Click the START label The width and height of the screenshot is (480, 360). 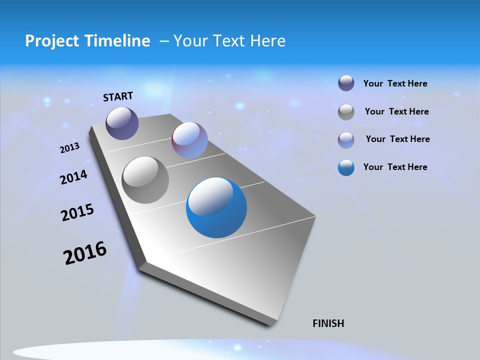(118, 96)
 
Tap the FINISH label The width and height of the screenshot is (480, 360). (328, 323)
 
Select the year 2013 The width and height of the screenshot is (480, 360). (69, 148)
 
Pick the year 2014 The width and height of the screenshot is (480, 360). (73, 177)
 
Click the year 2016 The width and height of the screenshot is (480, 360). (85, 253)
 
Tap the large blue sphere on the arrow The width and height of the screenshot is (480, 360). (216, 208)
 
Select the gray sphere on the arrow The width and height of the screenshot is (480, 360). (145, 180)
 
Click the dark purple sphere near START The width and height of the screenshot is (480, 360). (122, 123)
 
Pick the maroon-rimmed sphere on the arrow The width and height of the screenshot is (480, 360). (189, 139)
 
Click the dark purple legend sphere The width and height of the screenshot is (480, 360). (346, 83)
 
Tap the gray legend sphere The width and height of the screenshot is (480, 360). (346, 112)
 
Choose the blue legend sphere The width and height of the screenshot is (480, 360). (346, 167)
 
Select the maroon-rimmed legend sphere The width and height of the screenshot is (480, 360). (346, 139)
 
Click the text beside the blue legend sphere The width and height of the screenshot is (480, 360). (395, 167)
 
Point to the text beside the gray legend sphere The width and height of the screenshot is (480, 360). (396, 111)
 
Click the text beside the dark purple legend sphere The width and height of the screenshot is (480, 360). (395, 83)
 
